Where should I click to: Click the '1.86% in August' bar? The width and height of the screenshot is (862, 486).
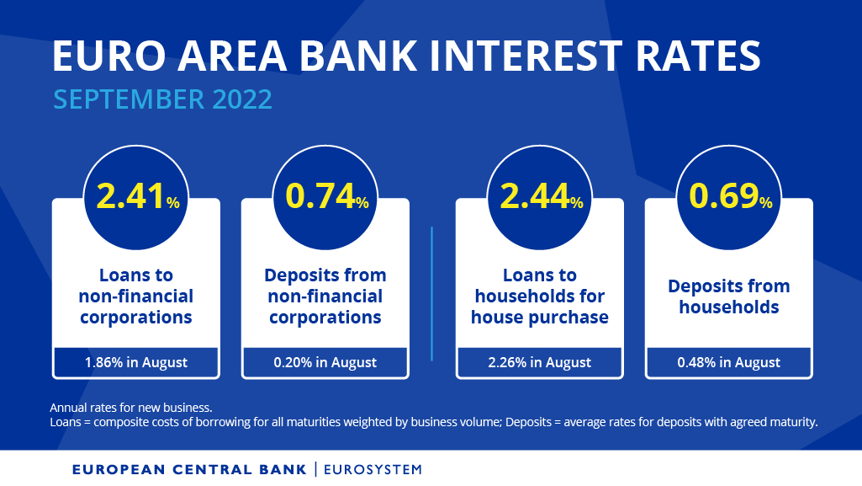point(136,362)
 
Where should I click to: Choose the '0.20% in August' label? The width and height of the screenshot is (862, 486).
point(325,362)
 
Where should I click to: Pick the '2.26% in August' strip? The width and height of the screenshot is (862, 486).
point(540,362)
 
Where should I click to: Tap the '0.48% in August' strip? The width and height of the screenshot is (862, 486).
point(729,362)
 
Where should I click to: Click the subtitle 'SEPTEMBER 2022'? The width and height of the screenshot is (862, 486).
point(162,99)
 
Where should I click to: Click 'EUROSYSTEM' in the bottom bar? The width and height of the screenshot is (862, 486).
point(373,469)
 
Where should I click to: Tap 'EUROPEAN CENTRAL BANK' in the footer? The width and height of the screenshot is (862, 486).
point(190,469)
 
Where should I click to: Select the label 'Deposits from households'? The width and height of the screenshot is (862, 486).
point(729,296)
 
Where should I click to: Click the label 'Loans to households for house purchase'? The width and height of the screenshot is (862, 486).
point(540,296)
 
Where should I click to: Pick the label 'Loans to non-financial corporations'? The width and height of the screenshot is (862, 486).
point(136,296)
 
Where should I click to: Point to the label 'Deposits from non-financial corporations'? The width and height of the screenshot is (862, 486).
point(325,296)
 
